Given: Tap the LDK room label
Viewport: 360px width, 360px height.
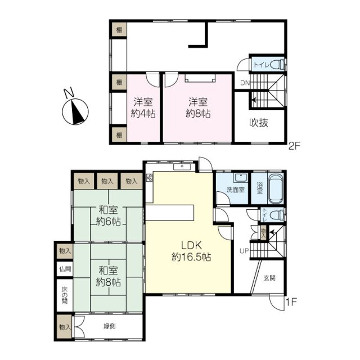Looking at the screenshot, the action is coord(191,245).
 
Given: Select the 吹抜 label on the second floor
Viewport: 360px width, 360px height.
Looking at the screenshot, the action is coord(259,123).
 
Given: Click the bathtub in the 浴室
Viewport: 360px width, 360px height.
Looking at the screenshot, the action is coord(276,189).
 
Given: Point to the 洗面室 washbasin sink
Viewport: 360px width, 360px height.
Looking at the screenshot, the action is coord(240,178).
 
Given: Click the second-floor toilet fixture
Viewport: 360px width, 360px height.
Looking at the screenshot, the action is coord(277,65).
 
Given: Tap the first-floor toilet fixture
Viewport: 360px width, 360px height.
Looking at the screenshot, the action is coord(276,215).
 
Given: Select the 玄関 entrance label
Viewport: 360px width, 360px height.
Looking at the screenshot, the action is coord(269,278).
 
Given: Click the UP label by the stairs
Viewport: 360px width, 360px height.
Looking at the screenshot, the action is coord(244,251).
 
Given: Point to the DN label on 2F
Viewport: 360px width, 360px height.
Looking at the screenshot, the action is coord(245,83).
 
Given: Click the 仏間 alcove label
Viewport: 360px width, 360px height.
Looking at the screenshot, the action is coord(65,269).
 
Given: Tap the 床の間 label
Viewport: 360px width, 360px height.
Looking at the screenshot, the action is coord(65,295).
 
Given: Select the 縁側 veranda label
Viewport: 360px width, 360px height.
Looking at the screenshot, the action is coord(110,326).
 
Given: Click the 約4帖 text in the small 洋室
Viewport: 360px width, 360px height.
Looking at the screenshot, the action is coord(143,114).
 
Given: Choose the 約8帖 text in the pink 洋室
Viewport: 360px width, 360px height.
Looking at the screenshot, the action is coord(198,114).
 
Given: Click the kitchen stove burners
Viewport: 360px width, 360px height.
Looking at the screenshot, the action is coord(149,178).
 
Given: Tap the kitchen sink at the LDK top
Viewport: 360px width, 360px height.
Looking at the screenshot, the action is coord(182,167).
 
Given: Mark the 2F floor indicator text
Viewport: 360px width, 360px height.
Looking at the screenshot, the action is coord(294,146).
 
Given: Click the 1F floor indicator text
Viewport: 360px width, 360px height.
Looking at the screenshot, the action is coord(291,301).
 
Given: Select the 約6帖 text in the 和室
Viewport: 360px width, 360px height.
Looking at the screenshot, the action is coord(109,222).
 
